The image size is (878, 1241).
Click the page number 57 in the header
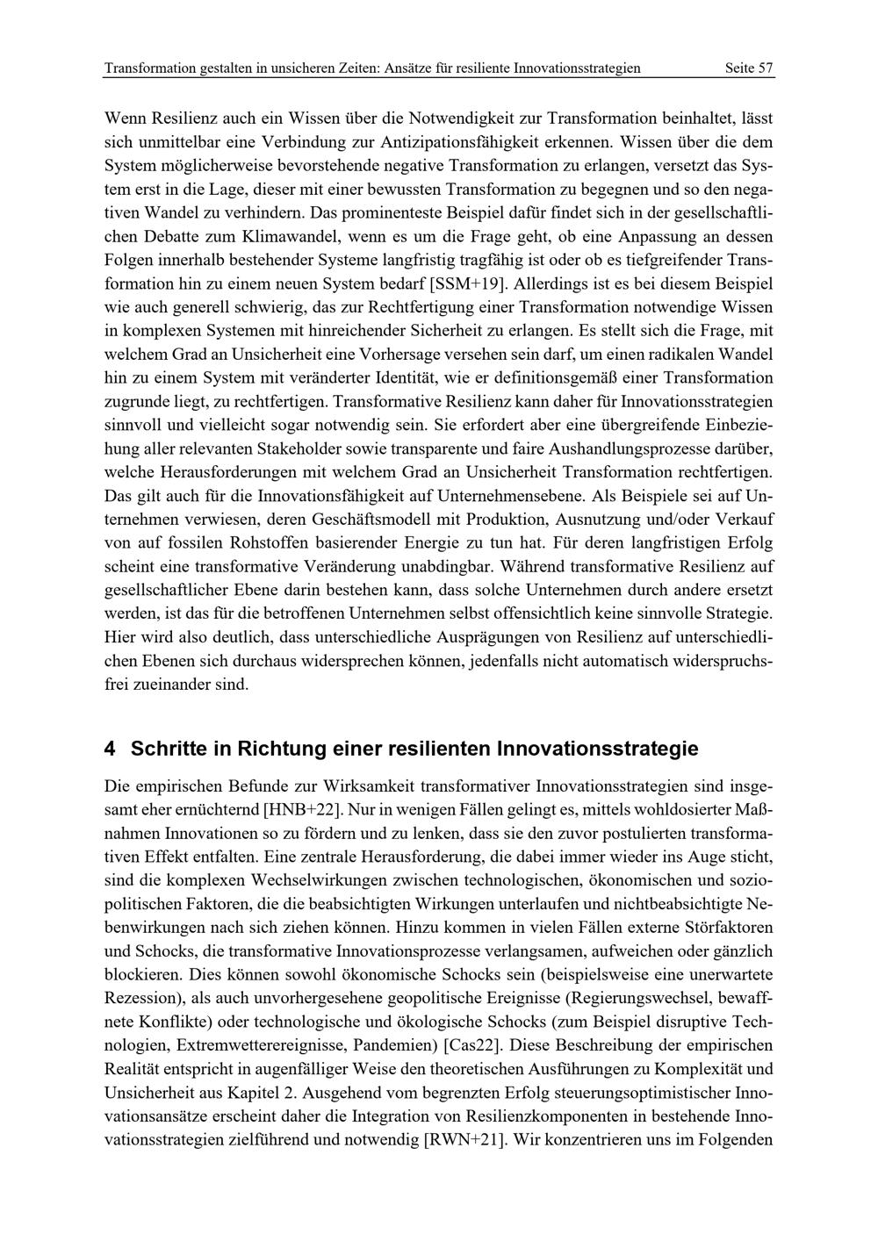point(765,68)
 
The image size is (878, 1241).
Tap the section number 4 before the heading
point(110,749)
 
